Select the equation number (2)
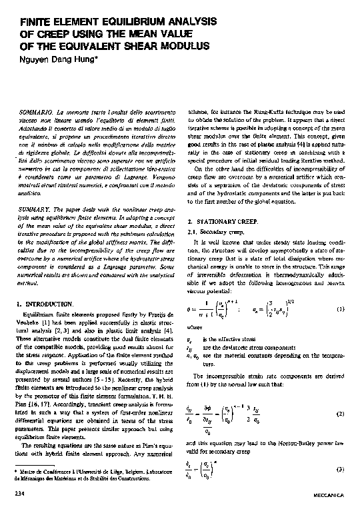coord(340,414)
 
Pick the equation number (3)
coord(340,469)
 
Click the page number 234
coord(21,494)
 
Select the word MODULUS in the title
coord(181,45)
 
